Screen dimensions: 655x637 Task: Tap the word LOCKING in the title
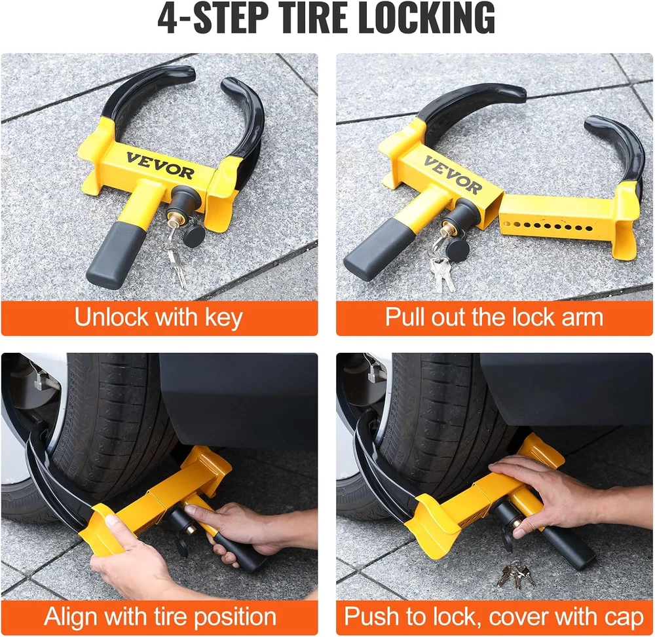(427, 18)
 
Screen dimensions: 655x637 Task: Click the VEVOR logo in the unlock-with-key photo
(160, 166)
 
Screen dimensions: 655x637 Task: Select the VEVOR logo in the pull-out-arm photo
(453, 175)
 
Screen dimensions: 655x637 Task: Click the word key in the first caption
(223, 318)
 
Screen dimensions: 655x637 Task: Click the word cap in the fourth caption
(625, 618)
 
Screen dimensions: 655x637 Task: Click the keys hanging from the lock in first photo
(175, 256)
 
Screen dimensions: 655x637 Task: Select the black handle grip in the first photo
(117, 255)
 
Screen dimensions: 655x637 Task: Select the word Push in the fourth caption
(373, 617)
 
